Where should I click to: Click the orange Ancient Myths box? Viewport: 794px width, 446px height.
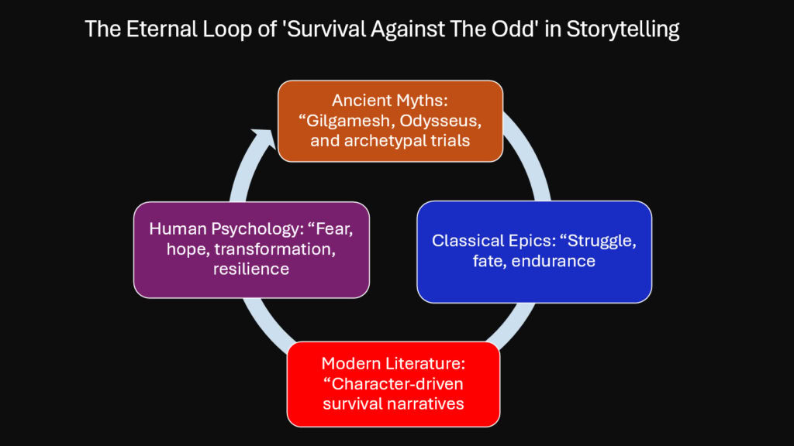pos(391,121)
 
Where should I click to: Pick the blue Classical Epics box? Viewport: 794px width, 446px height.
pos(533,251)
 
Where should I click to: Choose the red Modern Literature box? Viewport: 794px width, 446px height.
pos(393,384)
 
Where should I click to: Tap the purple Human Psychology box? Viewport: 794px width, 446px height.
pos(250,249)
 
